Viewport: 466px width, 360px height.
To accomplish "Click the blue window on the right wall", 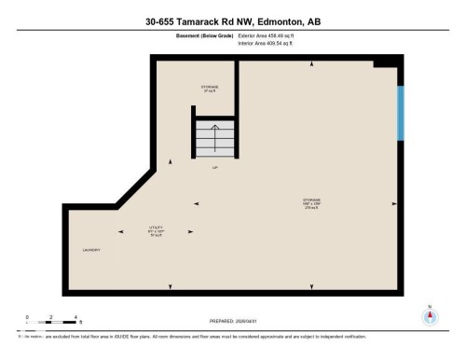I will tap(400, 113).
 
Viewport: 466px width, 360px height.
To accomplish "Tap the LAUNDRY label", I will tap(90, 250).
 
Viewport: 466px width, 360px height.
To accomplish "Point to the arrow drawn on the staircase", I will tap(215, 140).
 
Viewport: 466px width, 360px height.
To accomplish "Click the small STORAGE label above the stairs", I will tap(209, 89).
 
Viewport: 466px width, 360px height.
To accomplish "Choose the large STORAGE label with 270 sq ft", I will tap(310, 202).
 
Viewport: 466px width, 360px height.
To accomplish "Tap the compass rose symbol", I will tap(429, 316).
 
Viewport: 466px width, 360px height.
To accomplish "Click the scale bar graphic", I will tap(52, 324).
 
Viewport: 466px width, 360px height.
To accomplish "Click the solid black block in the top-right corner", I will tap(388, 61).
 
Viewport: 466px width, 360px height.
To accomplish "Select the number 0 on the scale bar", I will tap(28, 317).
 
